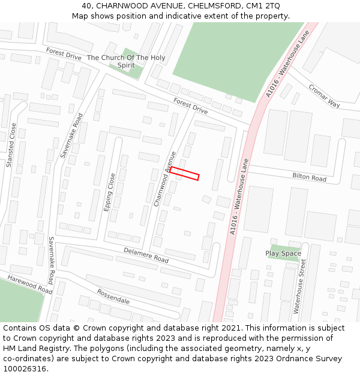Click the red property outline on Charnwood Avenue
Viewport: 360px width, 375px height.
point(184,173)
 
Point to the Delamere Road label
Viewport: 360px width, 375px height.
point(146,255)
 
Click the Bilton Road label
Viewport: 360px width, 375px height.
point(309,178)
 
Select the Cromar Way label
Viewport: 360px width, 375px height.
point(324,95)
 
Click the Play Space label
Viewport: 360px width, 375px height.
point(283,253)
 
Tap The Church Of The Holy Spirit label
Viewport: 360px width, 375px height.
point(126,61)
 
